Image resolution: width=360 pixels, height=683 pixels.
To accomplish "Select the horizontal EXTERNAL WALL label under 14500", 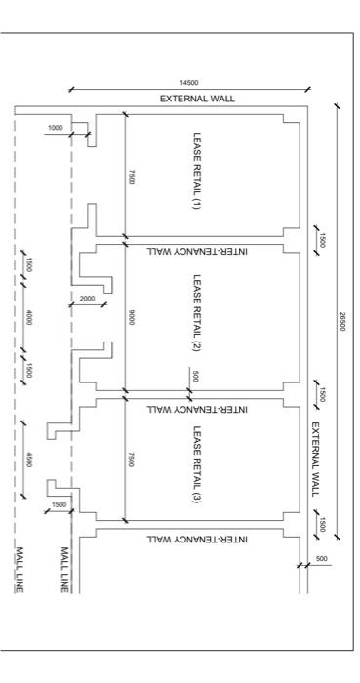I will [x=198, y=100].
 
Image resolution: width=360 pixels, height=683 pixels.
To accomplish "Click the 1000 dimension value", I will [x=55, y=128].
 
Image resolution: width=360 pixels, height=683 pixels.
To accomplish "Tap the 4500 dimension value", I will [x=30, y=460].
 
